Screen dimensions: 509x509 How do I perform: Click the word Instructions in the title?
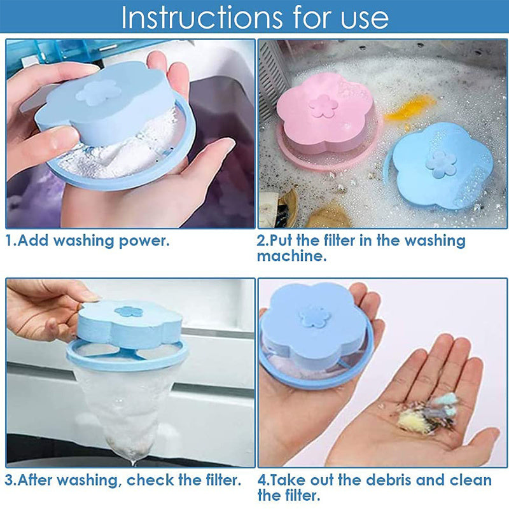coord(202,17)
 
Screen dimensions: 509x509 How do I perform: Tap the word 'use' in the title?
coord(364,20)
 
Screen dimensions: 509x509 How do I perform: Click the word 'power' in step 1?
coord(144,242)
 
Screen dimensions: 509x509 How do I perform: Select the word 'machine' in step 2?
coord(292,256)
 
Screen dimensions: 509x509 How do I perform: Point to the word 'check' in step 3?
coord(150,480)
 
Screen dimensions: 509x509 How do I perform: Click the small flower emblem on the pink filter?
coord(323,106)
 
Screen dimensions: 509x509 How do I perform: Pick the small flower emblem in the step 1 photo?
coord(99,92)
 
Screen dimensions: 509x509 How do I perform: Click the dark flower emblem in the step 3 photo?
coord(129,312)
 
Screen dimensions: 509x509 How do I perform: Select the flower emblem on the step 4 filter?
coord(314,316)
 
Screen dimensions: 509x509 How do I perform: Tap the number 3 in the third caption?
coord(10,480)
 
